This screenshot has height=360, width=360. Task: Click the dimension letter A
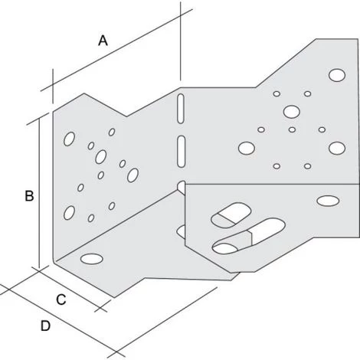tap(103, 41)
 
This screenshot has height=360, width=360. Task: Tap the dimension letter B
tap(29, 196)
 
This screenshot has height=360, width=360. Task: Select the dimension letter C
tap(61, 299)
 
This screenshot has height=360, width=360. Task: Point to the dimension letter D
tap(45, 326)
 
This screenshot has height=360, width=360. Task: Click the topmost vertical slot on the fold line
tap(181, 109)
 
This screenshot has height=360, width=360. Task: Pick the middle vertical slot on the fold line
tap(181, 152)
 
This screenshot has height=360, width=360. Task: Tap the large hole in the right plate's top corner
tap(337, 75)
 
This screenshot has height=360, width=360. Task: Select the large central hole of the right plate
tap(291, 112)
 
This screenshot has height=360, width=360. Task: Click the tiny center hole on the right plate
tap(292, 129)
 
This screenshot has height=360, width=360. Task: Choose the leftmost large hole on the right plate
tap(247, 149)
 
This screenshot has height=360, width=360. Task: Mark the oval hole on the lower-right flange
tap(328, 201)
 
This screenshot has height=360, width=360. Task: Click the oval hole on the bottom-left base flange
tap(92, 259)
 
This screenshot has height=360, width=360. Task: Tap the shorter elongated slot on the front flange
tap(231, 215)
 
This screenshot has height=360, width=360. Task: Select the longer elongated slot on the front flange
tap(248, 236)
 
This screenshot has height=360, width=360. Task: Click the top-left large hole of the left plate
tap(69, 139)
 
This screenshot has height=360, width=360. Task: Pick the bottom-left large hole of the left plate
tap(69, 213)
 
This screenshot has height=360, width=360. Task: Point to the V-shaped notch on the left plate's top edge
tap(127, 116)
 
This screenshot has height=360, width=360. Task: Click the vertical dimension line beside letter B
tap(39, 194)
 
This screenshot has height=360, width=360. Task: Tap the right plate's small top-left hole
tap(277, 93)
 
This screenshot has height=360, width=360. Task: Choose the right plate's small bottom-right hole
tap(308, 166)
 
